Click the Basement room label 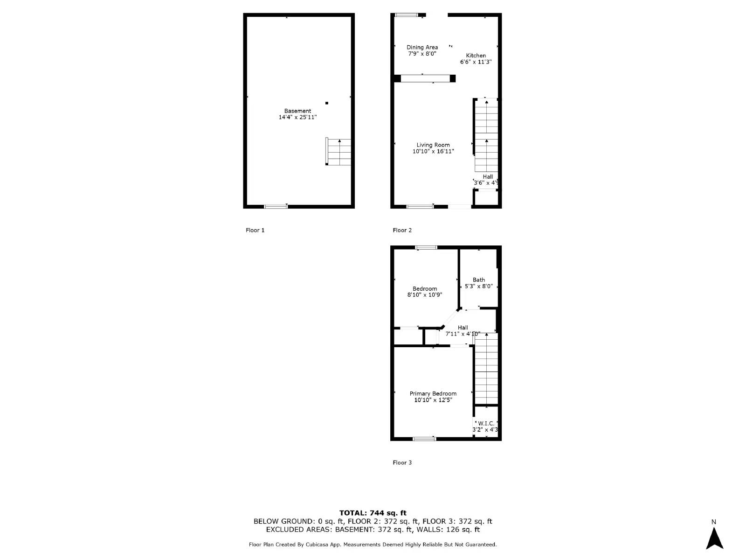point(297,111)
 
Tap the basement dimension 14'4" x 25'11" point(297,118)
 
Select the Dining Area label point(422,47)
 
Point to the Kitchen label point(476,56)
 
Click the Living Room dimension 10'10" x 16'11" point(433,152)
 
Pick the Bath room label point(479,280)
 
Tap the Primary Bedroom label point(433,394)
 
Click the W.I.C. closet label point(486,424)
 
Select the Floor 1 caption point(255,230)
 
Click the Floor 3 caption point(402,462)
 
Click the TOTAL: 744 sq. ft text point(373,513)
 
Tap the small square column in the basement point(327,103)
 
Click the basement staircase point(339,152)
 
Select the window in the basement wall point(276,206)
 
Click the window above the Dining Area point(407,15)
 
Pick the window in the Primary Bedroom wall point(424,439)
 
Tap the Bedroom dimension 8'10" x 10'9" point(425,295)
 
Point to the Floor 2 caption point(402,230)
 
